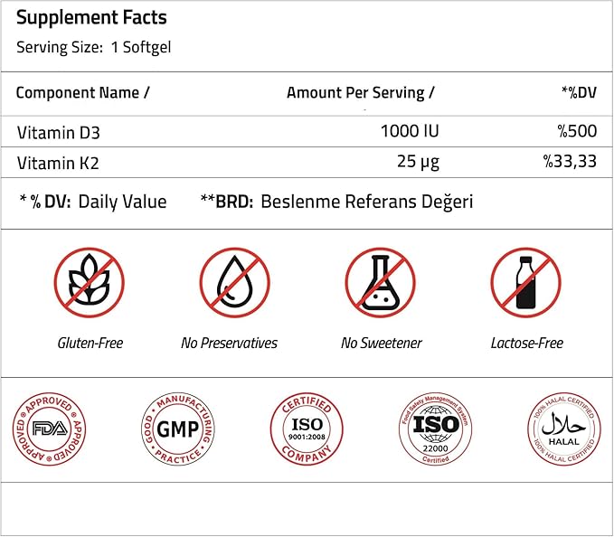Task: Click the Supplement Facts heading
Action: tap(91, 18)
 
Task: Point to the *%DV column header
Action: tap(579, 93)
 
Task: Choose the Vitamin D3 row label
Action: tap(58, 132)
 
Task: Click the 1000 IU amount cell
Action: tap(410, 132)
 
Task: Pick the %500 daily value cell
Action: tap(577, 132)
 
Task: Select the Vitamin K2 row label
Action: tap(58, 163)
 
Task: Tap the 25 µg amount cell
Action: tap(417, 163)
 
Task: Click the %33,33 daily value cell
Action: tap(570, 163)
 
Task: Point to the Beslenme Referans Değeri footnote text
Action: tap(366, 202)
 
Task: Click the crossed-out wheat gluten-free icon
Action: tap(90, 284)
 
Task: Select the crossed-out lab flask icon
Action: tap(381, 284)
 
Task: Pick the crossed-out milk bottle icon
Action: tap(526, 284)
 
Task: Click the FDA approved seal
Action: tap(43, 429)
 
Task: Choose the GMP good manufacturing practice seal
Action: tap(179, 429)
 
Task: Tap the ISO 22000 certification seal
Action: tap(435, 429)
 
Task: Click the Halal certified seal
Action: tap(563, 429)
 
